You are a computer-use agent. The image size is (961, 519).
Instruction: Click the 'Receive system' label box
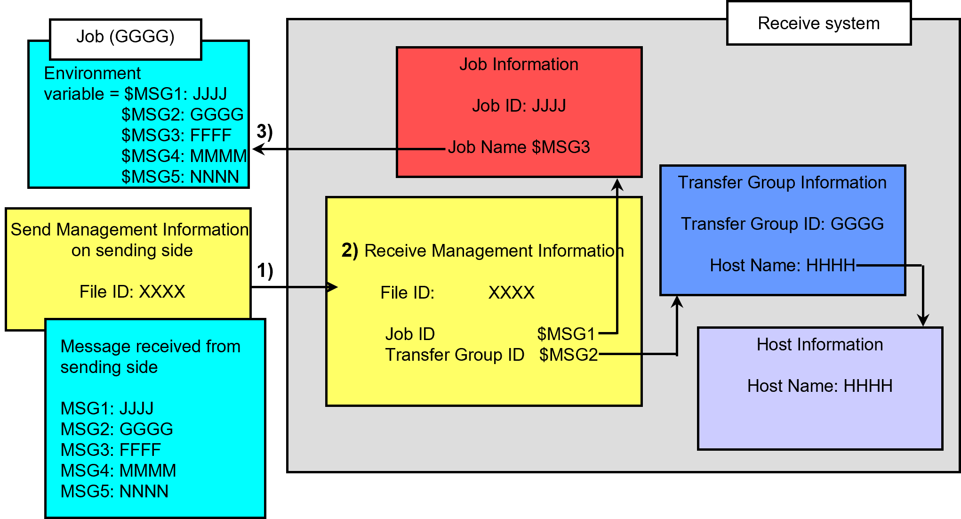(x=818, y=24)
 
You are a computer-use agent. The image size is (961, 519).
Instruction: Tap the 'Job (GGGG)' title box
(x=125, y=37)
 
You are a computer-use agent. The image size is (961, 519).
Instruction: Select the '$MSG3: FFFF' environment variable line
(x=176, y=136)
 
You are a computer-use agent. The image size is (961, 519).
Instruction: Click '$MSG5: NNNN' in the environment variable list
(x=180, y=177)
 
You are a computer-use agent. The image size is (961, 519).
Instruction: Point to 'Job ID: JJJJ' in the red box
(x=519, y=106)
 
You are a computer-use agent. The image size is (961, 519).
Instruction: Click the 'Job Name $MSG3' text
(x=519, y=147)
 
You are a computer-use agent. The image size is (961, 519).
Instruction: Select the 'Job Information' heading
(x=519, y=65)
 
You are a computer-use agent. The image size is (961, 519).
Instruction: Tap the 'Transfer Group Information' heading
(x=782, y=183)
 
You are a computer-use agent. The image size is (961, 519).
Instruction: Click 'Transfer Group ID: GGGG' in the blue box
(x=782, y=224)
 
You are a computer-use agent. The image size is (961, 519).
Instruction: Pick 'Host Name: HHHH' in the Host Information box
(x=819, y=386)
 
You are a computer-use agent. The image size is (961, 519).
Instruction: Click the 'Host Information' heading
(x=819, y=345)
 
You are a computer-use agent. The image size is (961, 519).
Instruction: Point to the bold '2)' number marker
(x=350, y=251)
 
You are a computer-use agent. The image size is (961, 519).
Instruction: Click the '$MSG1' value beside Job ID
(x=566, y=334)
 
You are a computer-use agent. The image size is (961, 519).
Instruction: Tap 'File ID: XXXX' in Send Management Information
(x=132, y=292)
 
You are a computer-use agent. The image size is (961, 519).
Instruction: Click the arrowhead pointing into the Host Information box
(x=923, y=320)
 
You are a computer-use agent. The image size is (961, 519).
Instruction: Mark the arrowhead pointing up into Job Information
(x=617, y=185)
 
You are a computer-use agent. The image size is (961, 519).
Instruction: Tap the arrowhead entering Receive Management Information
(x=333, y=287)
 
